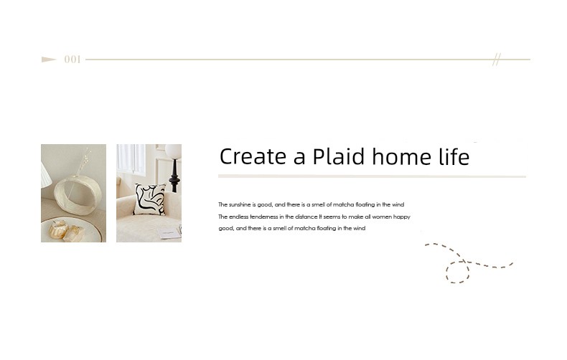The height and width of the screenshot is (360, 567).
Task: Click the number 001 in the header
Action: [72, 60]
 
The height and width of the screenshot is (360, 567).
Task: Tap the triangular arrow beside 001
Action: [49, 60]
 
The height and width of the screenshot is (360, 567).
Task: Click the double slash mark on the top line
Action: [497, 60]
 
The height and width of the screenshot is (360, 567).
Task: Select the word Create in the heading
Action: [253, 156]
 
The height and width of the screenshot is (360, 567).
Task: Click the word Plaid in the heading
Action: [339, 156]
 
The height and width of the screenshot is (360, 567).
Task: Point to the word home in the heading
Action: [402, 156]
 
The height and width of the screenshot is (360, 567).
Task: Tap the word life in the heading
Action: [454, 156]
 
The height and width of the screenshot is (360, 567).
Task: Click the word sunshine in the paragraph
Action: [240, 204]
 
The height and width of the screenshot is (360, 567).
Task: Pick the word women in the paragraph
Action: [382, 217]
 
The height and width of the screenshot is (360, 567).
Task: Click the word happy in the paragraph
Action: [402, 217]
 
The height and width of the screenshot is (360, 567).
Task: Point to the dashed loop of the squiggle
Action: [457, 272]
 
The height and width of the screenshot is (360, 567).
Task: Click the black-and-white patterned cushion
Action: [150, 199]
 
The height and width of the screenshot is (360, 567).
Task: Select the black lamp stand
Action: [174, 176]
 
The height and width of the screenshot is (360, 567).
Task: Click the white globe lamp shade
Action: [174, 151]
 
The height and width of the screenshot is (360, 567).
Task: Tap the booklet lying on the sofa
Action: [169, 233]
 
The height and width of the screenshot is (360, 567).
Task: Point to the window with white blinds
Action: [131, 158]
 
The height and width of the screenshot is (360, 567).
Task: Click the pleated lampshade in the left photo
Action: [46, 175]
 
